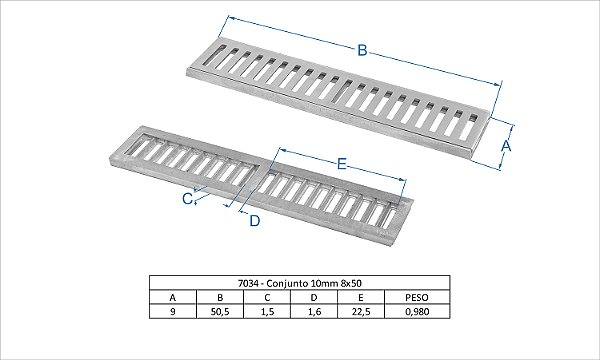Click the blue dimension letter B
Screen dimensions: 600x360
tap(362, 50)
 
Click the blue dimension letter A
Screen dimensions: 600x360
tap(506, 146)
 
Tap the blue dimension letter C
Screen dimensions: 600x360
tap(187, 199)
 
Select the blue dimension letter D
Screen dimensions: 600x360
tap(255, 221)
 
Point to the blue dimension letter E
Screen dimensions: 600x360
tap(342, 165)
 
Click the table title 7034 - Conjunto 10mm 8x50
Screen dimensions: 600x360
tap(300, 283)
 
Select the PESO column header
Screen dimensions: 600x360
tap(417, 298)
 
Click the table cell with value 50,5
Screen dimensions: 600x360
tap(220, 311)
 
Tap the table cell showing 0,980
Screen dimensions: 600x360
tap(417, 311)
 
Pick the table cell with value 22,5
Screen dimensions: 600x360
tap(361, 311)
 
